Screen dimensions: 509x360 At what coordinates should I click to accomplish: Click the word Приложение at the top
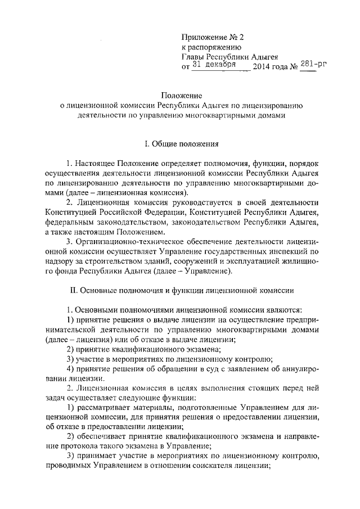tap(205, 37)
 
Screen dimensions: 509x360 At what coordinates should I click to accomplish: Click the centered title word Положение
tap(181, 97)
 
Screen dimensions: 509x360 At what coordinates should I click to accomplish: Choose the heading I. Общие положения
tap(181, 143)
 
